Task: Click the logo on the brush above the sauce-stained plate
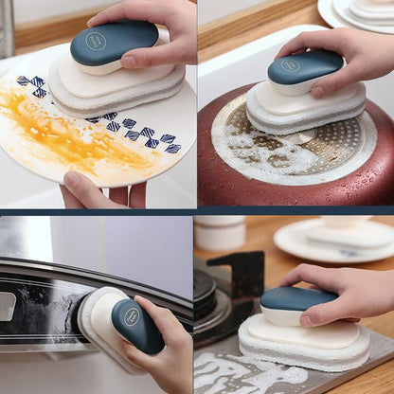[96, 41]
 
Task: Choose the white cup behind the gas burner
[219, 233]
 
